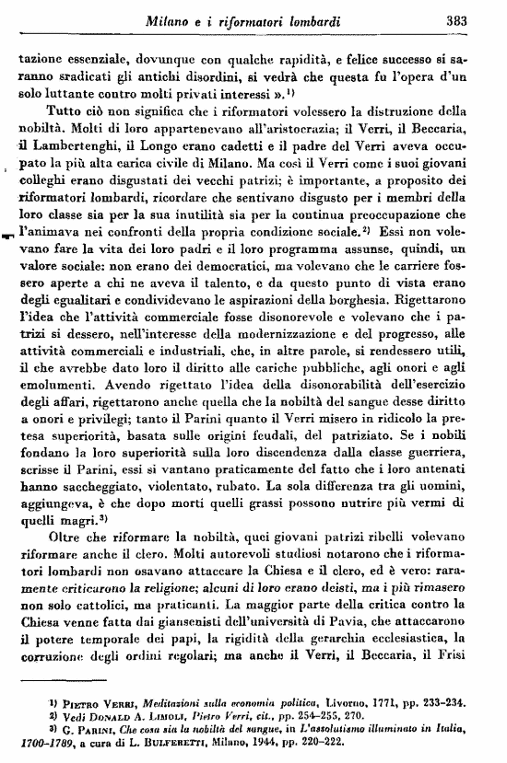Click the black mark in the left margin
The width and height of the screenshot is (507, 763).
7,234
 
